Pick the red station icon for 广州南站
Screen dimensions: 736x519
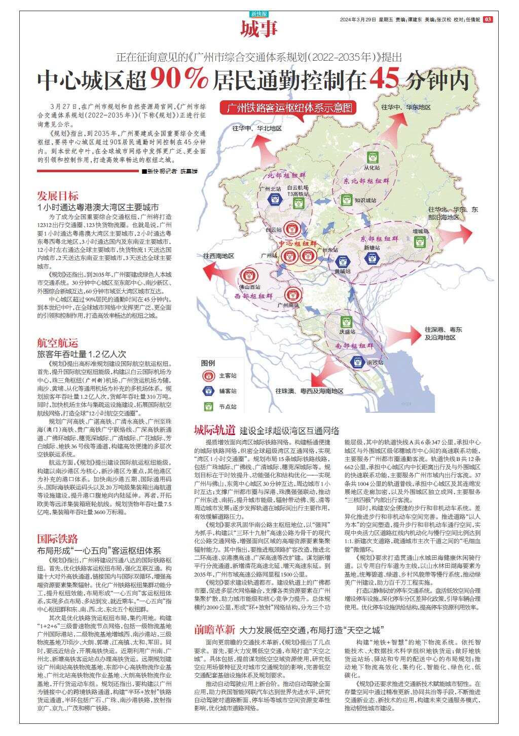(x=292, y=294)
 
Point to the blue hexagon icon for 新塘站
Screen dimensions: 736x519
(x=372, y=258)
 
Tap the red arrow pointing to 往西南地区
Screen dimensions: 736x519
(x=216, y=270)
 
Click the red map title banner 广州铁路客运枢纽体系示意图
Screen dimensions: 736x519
(x=289, y=108)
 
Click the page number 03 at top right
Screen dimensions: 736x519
(x=488, y=19)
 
